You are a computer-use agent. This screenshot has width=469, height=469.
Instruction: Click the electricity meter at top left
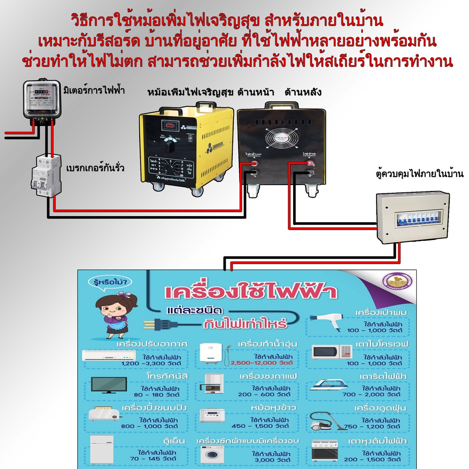point(41,100)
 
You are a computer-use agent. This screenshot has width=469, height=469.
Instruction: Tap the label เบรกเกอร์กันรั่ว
point(95,168)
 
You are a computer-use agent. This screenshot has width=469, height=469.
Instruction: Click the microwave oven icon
point(332,352)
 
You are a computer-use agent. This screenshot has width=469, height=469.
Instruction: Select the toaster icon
point(104,414)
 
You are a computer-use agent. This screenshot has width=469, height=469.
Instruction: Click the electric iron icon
point(328,385)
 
